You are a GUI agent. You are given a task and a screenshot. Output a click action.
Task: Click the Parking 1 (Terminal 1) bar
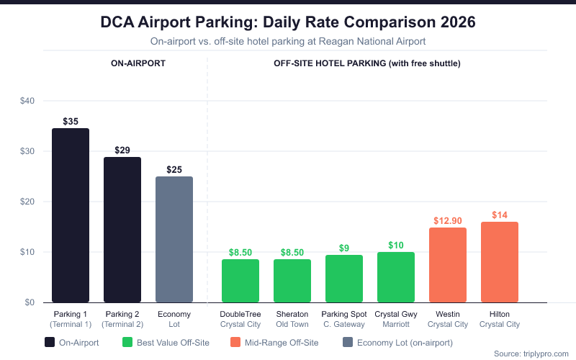pyautogui.click(x=71, y=215)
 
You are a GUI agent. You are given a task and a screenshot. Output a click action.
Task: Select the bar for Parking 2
pyautogui.click(x=122, y=230)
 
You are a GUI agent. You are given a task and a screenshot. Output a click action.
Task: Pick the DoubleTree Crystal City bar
pyautogui.click(x=240, y=281)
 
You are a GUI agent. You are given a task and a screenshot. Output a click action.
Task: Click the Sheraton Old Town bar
pyautogui.click(x=292, y=281)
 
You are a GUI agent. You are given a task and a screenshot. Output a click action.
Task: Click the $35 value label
pyautogui.click(x=71, y=122)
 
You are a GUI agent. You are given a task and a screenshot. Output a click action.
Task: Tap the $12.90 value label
pyautogui.click(x=448, y=221)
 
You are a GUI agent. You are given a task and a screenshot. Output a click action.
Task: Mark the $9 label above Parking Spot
pyautogui.click(x=344, y=248)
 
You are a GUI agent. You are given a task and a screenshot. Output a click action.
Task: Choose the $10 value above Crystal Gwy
pyautogui.click(x=396, y=246)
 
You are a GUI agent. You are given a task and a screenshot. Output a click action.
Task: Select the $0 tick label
pyautogui.click(x=30, y=302)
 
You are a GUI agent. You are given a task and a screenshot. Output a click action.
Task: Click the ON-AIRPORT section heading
pyautogui.click(x=138, y=63)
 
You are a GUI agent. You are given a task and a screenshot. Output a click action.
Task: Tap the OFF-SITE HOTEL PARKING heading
pyautogui.click(x=367, y=63)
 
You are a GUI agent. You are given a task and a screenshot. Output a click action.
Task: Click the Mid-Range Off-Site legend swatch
pyautogui.click(x=235, y=343)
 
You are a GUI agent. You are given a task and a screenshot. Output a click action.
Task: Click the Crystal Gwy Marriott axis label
pyautogui.click(x=396, y=319)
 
